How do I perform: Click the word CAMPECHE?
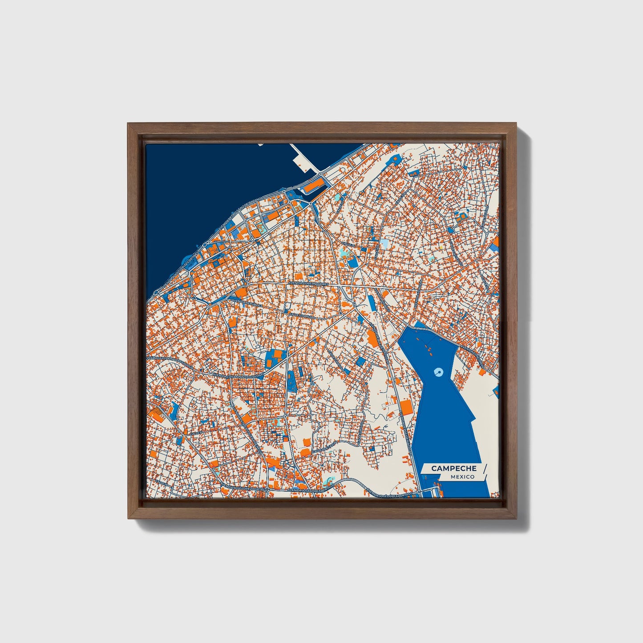click(453, 468)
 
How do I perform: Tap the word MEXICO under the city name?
click(462, 477)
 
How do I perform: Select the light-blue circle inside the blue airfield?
click(438, 371)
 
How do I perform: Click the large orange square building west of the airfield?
click(405, 407)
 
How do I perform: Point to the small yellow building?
click(441, 244)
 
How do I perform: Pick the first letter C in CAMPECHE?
click(434, 468)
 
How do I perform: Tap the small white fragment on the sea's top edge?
click(260, 144)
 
